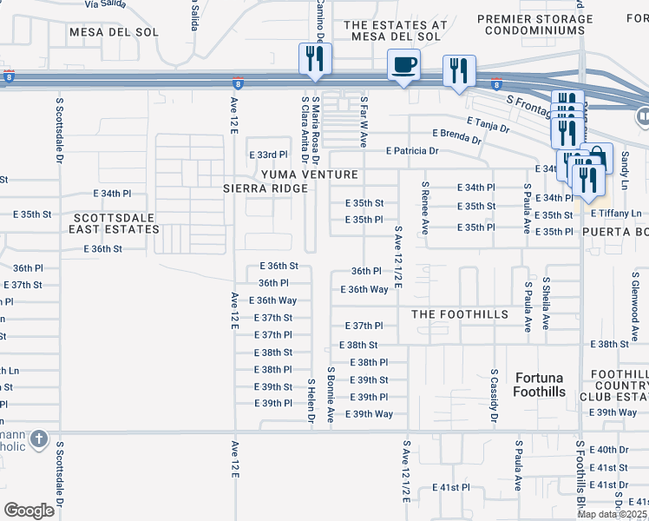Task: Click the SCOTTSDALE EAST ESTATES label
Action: [116, 223]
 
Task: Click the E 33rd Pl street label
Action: [267, 155]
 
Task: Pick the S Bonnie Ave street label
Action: [331, 394]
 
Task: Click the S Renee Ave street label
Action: [424, 208]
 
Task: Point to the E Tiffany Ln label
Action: [615, 213]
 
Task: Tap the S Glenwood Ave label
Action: [634, 294]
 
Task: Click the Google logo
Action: [29, 510]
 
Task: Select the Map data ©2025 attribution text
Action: [612, 514]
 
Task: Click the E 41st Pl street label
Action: [451, 488]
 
